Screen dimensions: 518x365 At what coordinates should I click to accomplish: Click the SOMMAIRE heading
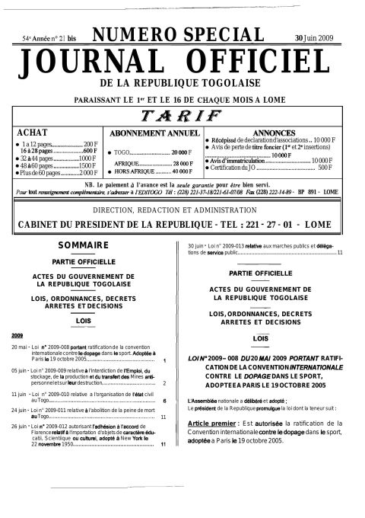pos(88,245)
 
